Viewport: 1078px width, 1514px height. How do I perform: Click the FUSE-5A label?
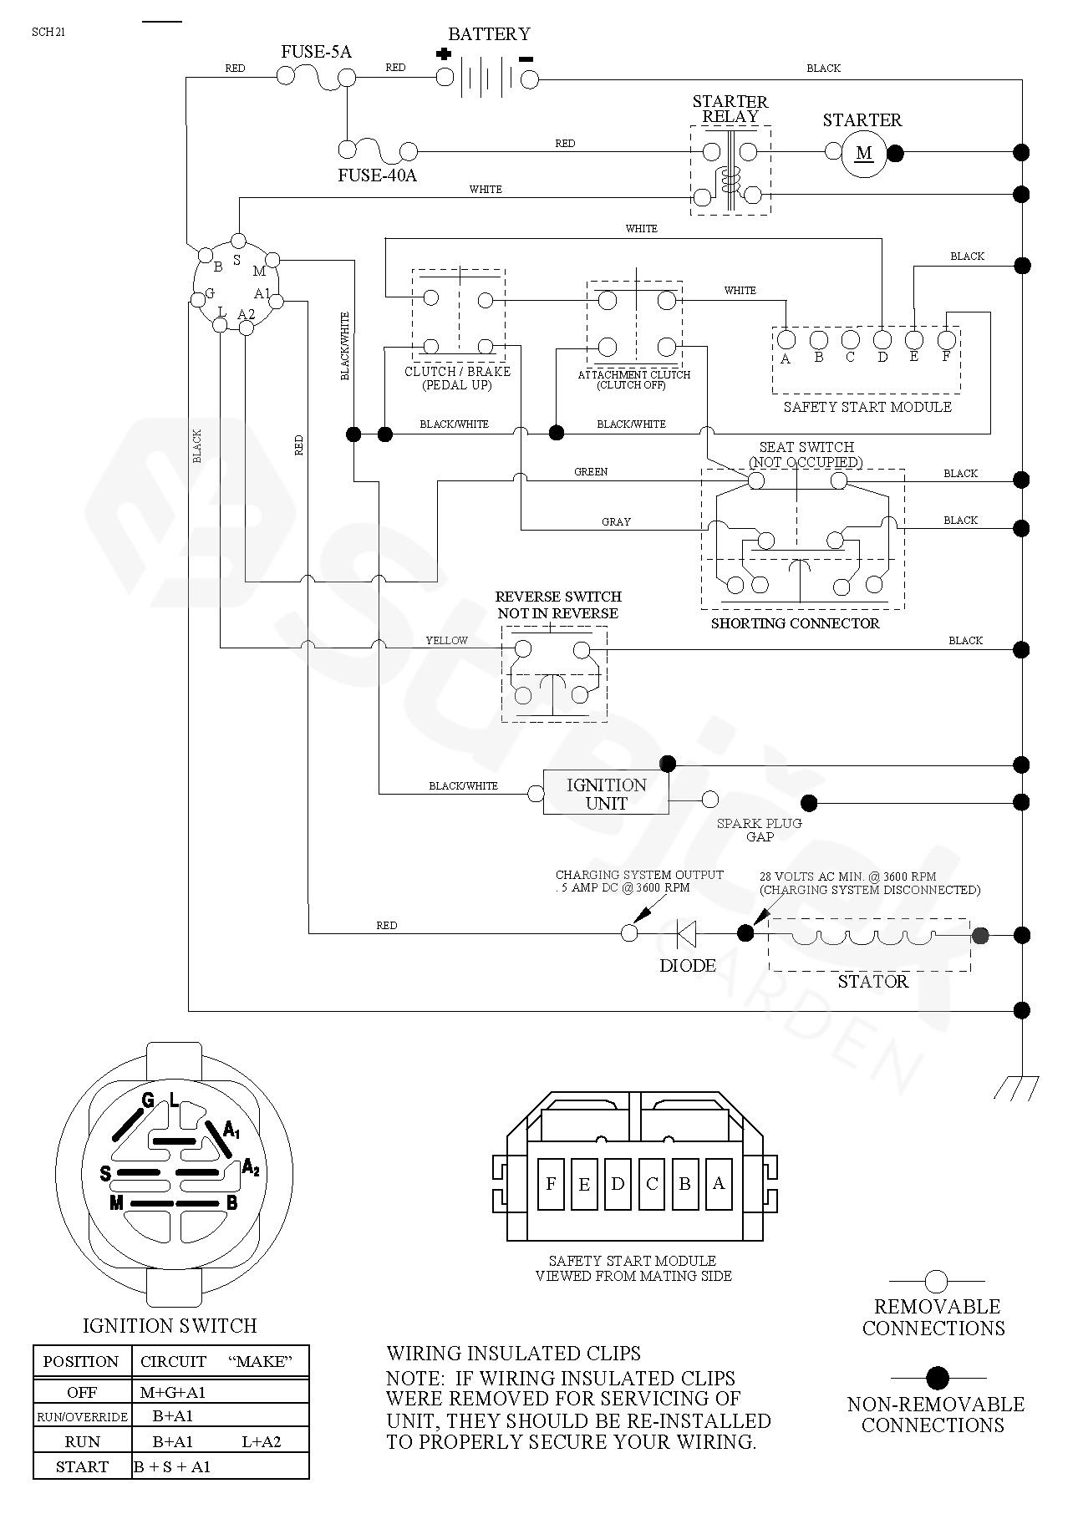(316, 52)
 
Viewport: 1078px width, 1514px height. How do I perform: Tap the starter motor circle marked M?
(863, 153)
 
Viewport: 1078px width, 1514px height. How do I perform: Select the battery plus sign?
(444, 54)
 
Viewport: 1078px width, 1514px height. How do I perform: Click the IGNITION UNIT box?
(606, 794)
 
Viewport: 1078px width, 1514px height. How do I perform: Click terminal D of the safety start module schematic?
(882, 340)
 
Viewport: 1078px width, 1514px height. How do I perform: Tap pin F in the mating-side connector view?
(551, 1183)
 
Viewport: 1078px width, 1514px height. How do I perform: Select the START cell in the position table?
(82, 1466)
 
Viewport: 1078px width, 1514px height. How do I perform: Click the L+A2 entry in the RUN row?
(262, 1441)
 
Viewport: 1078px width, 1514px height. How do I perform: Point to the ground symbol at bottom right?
(1017, 1087)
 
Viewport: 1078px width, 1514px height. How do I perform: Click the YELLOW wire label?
(447, 640)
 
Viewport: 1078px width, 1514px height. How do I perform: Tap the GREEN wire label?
(591, 472)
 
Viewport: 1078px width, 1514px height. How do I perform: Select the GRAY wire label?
(616, 521)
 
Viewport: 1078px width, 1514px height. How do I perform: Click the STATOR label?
(872, 982)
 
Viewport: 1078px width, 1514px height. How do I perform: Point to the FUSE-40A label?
(377, 175)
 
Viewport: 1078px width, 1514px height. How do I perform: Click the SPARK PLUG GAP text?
(759, 830)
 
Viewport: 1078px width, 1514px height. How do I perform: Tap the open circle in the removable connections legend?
(936, 1281)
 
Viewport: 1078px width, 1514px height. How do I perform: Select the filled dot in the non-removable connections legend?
(938, 1378)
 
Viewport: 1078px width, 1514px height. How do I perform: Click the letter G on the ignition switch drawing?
(148, 1100)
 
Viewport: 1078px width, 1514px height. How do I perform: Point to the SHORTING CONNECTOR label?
(795, 623)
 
